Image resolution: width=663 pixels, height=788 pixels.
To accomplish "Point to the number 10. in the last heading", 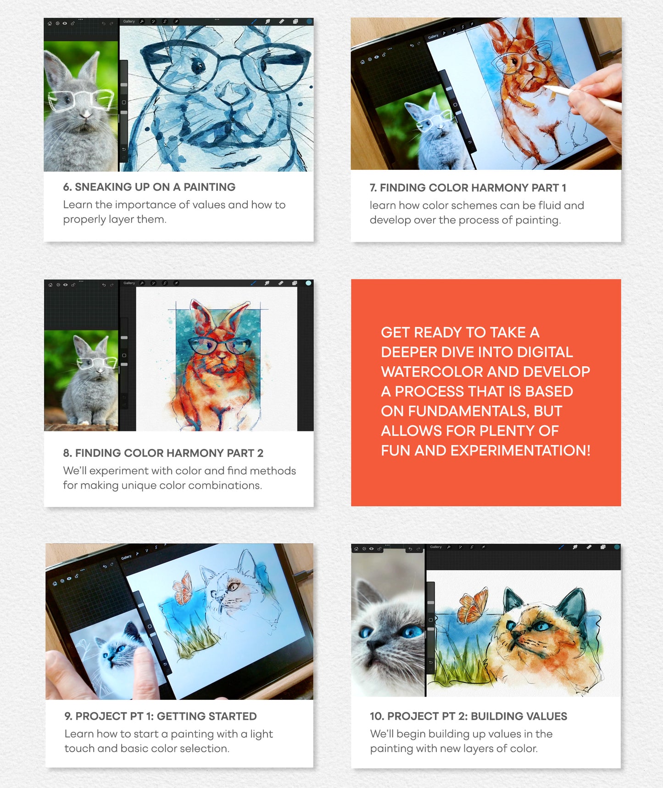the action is [377, 716].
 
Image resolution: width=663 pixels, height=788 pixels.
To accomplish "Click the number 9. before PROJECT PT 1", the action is [68, 716].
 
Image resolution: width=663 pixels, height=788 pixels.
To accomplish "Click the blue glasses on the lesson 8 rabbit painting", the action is [219, 345].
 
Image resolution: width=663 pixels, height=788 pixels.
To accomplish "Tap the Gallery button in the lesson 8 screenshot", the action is [129, 283].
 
